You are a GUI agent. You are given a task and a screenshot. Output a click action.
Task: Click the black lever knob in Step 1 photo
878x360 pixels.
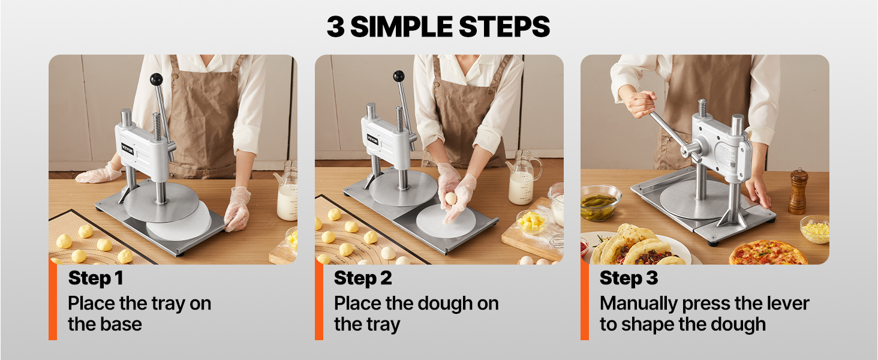pos(157,79)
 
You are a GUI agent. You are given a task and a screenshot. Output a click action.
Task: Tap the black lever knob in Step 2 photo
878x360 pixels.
pos(399,76)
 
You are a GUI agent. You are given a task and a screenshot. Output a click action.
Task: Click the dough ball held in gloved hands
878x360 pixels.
pos(451,198)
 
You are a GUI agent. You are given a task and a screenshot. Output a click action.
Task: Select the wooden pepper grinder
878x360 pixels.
pos(798,191)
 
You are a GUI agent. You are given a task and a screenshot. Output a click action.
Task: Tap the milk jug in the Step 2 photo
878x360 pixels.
pos(524,178)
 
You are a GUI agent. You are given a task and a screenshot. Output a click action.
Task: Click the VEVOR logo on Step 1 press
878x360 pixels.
pos(128,149)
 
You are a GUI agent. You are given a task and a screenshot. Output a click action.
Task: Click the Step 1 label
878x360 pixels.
pos(95,278)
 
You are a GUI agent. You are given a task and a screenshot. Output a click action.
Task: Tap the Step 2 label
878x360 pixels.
pos(363,278)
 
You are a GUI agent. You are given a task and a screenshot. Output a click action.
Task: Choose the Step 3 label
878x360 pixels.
pos(629,278)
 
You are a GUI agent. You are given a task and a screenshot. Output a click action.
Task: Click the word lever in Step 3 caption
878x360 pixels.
pos(788,304)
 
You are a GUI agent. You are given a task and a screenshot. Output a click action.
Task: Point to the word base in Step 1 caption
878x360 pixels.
pos(121,325)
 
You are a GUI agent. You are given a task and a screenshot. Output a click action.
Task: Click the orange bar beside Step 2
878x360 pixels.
pos(319,300)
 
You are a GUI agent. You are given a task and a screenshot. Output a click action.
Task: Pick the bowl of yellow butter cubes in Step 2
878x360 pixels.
pos(533,222)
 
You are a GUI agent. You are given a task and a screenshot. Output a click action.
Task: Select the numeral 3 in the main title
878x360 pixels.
pos(336,26)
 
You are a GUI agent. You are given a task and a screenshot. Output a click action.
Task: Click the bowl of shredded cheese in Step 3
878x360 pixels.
pos(814,229)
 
